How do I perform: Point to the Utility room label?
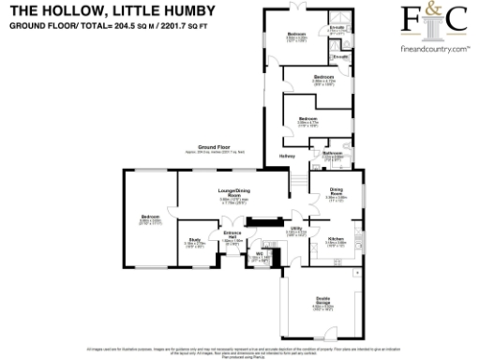click(295, 228)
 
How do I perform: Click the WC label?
click(259, 253)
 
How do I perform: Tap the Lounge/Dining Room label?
click(233, 193)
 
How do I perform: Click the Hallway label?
click(288, 156)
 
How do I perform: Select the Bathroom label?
click(332, 153)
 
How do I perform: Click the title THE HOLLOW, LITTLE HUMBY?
click(112, 10)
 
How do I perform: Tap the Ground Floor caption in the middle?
click(215, 147)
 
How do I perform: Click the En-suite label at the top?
click(336, 29)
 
